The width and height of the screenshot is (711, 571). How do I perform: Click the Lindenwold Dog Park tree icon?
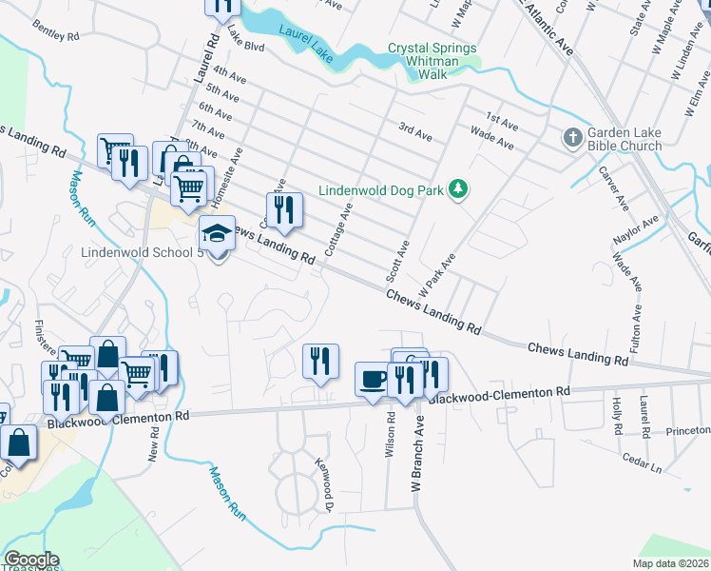pyautogui.click(x=459, y=190)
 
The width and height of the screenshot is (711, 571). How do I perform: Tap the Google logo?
pyautogui.click(x=30, y=561)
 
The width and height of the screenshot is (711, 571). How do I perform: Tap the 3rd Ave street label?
pyautogui.click(x=414, y=132)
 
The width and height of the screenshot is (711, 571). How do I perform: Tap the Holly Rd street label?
pyautogui.click(x=617, y=416)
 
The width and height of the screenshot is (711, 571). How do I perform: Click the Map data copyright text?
pyautogui.click(x=670, y=563)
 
